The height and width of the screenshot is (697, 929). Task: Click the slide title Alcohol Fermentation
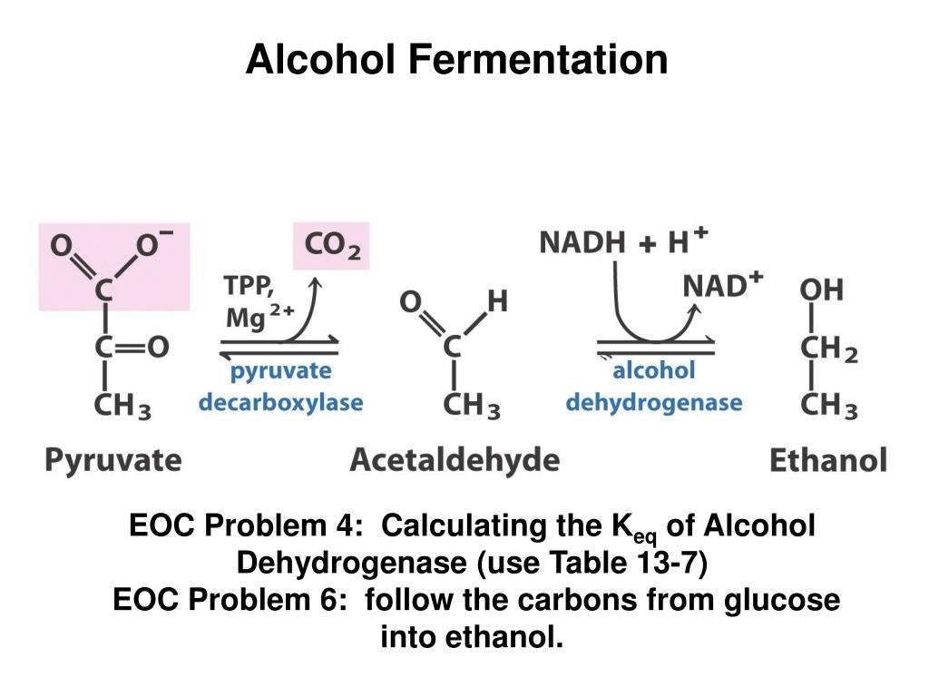tap(456, 60)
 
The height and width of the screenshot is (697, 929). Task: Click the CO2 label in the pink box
tap(333, 245)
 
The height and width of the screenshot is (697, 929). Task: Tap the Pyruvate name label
tap(113, 459)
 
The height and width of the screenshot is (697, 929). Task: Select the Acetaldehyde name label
tap(455, 459)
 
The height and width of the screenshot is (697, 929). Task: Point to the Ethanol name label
tap(827, 459)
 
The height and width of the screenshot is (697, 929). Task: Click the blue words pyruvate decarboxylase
tap(280, 387)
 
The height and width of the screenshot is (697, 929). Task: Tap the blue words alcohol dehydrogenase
tap(653, 387)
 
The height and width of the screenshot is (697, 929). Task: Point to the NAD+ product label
tap(722, 285)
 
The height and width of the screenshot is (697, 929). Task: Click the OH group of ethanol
tap(820, 290)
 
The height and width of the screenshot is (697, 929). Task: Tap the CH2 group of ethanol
tap(827, 349)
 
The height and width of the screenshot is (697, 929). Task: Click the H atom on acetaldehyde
tap(497, 300)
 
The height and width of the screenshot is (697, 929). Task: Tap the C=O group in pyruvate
tap(132, 348)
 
